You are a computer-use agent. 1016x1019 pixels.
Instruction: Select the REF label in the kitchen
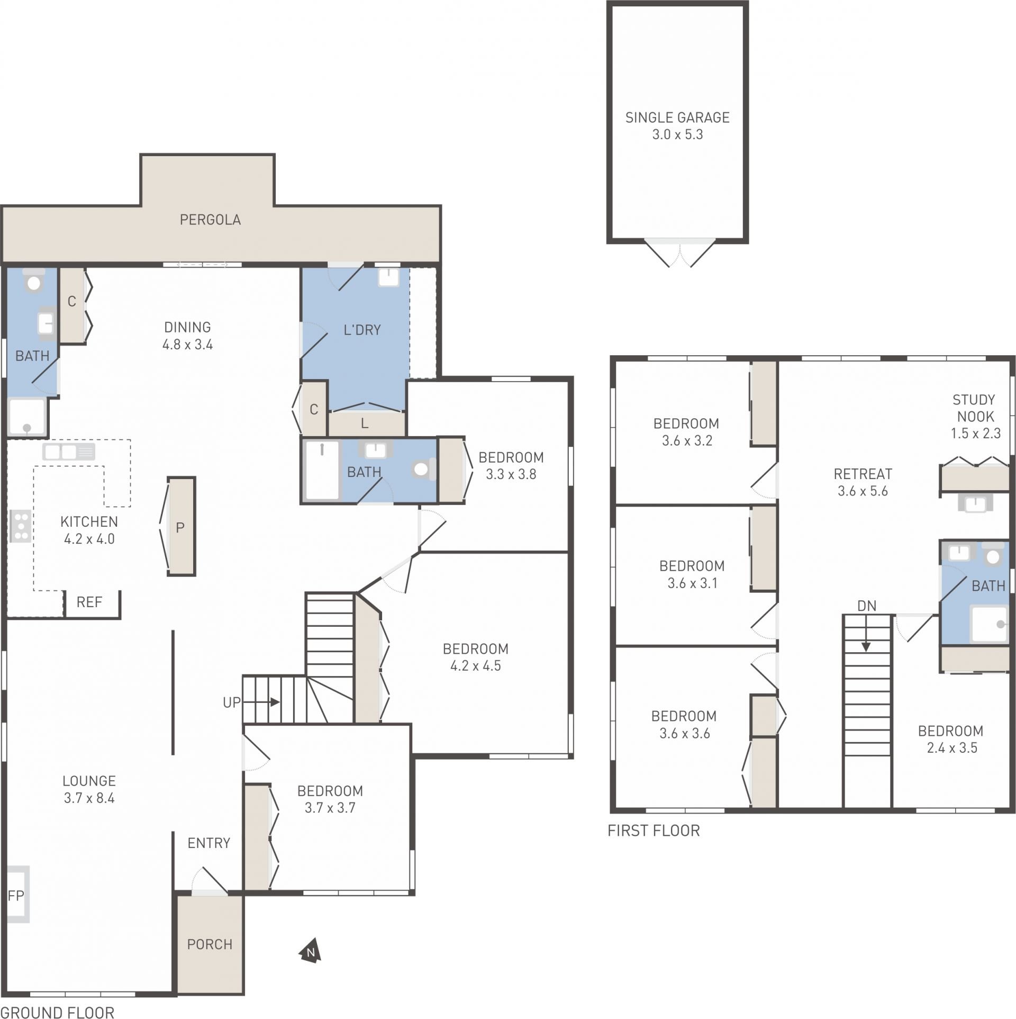click(x=89, y=602)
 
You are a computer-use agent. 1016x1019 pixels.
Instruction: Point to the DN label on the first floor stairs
click(x=867, y=606)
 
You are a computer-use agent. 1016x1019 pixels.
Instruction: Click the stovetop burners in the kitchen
click(x=20, y=526)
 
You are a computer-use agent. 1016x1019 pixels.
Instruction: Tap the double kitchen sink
click(x=69, y=452)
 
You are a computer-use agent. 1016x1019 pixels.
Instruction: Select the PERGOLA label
click(x=210, y=220)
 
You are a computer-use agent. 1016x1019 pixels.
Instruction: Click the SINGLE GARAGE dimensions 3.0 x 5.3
click(x=677, y=134)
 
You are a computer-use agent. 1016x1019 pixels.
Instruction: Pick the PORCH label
click(x=210, y=944)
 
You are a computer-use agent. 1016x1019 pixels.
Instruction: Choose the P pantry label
click(x=180, y=528)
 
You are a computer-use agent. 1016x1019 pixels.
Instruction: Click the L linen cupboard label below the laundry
click(x=365, y=423)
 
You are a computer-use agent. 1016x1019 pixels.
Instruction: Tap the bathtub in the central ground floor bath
click(x=322, y=471)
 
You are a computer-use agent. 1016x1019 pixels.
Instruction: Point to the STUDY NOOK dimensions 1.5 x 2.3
click(x=975, y=434)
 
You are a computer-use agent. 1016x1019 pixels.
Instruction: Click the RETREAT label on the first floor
click(x=863, y=474)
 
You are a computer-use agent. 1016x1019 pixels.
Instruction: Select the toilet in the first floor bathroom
click(x=994, y=553)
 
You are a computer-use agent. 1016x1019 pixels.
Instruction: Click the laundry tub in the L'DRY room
click(x=389, y=276)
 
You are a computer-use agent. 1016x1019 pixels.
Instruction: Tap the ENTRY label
click(x=209, y=843)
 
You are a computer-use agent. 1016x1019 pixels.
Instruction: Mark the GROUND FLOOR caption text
click(x=57, y=1012)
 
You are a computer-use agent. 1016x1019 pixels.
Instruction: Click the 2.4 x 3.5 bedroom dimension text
click(x=952, y=748)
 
